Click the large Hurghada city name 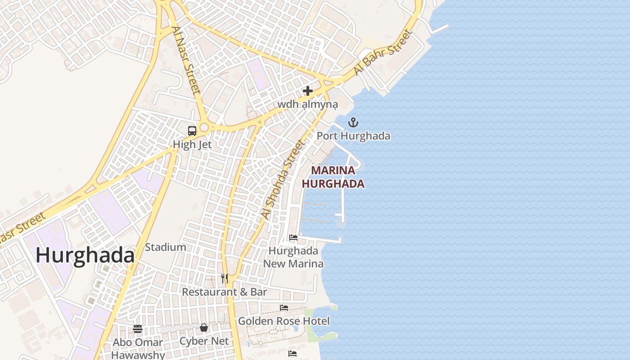(85, 256)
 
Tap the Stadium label (165, 247)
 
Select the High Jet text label (192, 144)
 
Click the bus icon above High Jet (192, 131)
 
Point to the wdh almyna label (307, 104)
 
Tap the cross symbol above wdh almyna (308, 91)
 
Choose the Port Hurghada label (353, 135)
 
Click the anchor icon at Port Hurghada (353, 122)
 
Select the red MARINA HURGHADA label (333, 177)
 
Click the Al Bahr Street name (383, 53)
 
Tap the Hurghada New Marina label (293, 257)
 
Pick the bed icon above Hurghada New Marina (293, 238)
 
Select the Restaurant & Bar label (225, 292)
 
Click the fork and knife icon (225, 279)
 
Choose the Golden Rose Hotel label (283, 321)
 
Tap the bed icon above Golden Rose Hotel (284, 308)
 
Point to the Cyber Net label (204, 341)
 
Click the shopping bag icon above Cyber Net (204, 328)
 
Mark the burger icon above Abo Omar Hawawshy (138, 329)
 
